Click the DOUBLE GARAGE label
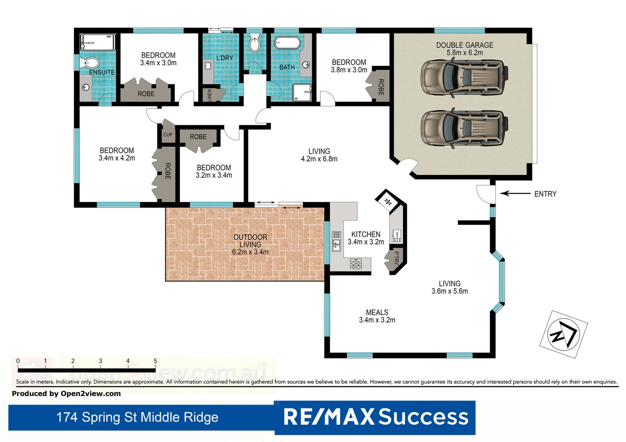465,45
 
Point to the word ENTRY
545,194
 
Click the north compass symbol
564,334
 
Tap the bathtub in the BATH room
287,43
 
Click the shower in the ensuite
98,42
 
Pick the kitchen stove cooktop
356,264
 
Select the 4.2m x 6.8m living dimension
319,159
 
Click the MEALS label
377,312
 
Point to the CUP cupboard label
168,135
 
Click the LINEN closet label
210,95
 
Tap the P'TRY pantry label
396,258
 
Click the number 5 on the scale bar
155,361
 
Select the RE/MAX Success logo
375,417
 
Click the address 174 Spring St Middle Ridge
137,417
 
